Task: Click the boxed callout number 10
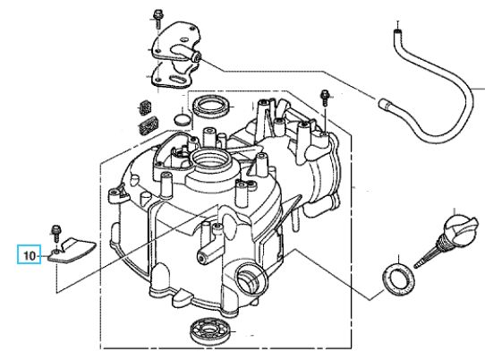[29, 256]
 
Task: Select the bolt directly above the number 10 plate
[56, 233]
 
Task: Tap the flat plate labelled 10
[72, 251]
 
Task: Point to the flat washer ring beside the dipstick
[398, 279]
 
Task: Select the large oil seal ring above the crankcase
[211, 106]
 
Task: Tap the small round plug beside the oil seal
[183, 120]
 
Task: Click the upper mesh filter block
[145, 107]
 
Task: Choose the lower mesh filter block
[149, 125]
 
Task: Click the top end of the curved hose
[398, 31]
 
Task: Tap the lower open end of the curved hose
[383, 103]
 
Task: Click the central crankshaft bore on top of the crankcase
[211, 159]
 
